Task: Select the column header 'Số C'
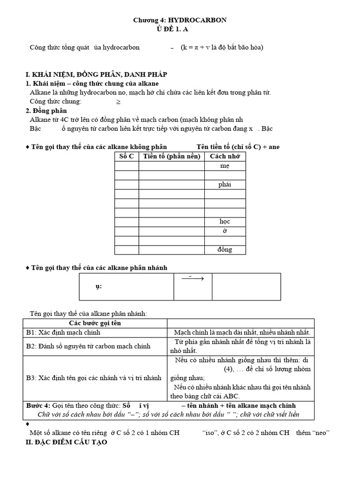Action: pos(127,156)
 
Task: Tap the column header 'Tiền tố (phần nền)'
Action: pos(172,156)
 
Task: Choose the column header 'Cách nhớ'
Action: pos(225,156)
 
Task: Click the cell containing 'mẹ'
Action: pos(225,166)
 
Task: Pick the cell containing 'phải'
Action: pos(225,184)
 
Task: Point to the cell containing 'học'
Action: pos(225,221)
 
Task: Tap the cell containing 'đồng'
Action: pos(225,249)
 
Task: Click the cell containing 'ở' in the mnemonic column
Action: pos(225,231)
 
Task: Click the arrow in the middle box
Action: pos(193,279)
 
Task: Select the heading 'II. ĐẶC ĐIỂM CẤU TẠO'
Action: pos(66,442)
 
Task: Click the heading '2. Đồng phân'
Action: pos(46,111)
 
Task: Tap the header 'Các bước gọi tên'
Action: pos(95,323)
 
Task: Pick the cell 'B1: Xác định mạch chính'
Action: pos(63,332)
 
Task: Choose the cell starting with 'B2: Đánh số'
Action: pos(88,346)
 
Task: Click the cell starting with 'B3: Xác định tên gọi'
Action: pos(94,377)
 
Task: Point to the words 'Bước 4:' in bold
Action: pos(38,405)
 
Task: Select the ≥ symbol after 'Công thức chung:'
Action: pos(118,101)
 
